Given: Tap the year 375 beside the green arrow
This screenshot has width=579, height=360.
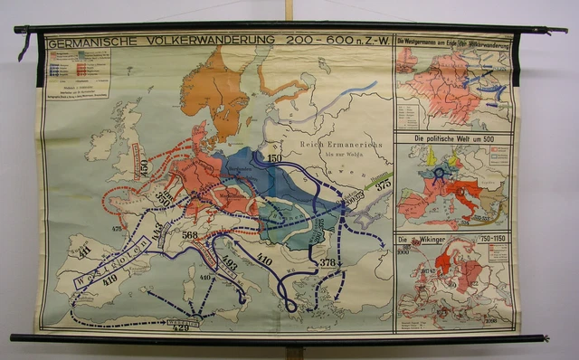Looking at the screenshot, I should pos(383,184).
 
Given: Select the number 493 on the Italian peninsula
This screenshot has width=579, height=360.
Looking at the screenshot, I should pos(229,264).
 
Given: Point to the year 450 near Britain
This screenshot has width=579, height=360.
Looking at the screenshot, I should pos(142,166).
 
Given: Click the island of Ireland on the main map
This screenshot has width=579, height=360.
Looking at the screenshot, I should pos(102,144).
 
